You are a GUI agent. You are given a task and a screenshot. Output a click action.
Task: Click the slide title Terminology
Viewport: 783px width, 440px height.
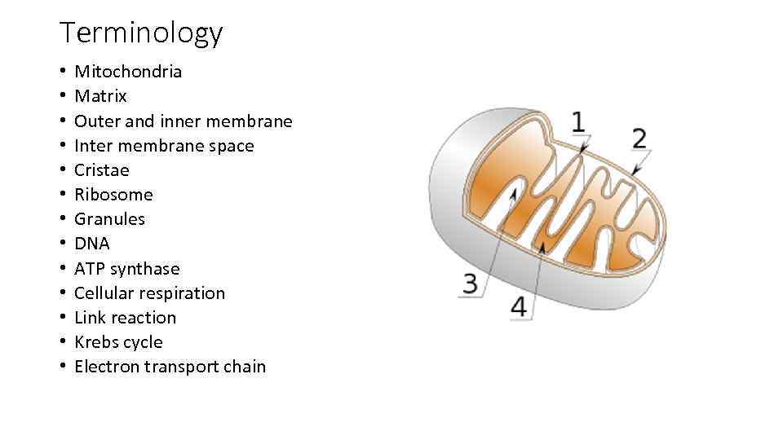point(140,33)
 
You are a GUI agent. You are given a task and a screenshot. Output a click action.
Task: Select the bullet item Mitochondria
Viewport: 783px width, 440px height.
point(128,72)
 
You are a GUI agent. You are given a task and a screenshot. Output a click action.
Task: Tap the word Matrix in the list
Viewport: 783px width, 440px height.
point(100,96)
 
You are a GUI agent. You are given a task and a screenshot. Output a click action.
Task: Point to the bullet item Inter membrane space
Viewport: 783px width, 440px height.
point(164,146)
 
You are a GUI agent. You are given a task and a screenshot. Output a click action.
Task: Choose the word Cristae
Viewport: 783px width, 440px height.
point(101,170)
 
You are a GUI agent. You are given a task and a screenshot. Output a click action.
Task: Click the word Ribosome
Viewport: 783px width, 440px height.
point(113,195)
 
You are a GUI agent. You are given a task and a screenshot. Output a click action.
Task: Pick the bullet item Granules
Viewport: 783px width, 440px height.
point(109,219)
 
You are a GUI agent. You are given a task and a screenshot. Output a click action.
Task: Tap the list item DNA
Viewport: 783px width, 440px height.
point(91,244)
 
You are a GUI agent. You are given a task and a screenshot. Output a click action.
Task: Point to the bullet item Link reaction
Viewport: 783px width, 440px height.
point(125,318)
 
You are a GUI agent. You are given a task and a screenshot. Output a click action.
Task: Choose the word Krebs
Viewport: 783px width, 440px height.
point(95,342)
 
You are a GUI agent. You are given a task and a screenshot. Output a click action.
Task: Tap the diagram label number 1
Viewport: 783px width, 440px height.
point(577,122)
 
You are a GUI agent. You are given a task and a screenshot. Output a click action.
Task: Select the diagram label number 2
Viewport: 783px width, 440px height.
point(639,138)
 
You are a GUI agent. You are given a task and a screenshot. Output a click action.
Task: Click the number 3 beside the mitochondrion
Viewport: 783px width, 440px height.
point(471,284)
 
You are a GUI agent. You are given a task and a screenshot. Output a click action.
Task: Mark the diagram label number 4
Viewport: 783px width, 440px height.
point(520,306)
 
